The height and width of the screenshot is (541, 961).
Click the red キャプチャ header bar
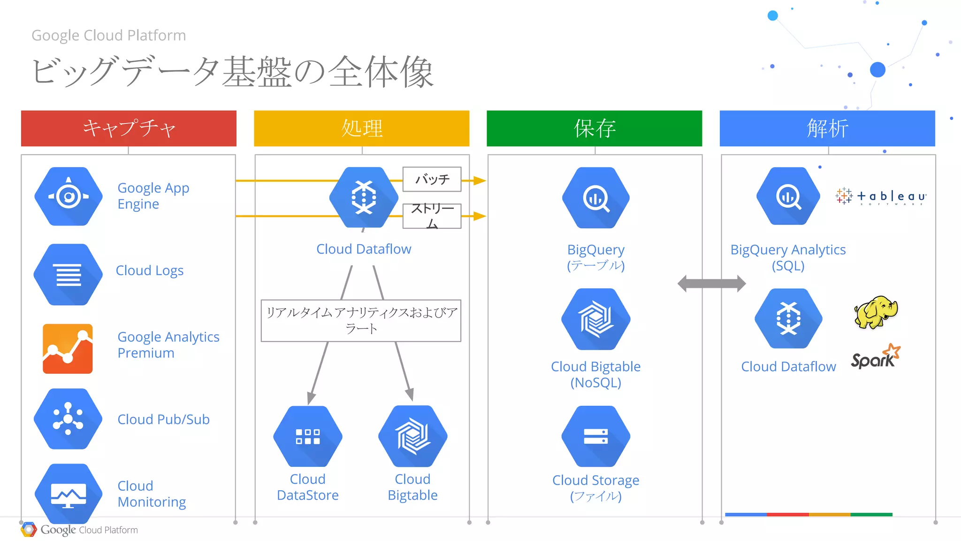[129, 128]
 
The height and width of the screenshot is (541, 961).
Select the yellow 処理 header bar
[361, 128]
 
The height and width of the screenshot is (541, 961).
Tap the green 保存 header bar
[594, 128]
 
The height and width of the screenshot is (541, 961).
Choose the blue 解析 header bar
[827, 128]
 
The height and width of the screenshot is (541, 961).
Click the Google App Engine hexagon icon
[69, 196]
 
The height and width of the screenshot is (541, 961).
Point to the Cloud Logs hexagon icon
[69, 274]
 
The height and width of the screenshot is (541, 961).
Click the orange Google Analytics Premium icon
[68, 348]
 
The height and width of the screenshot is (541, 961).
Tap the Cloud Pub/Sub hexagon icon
[69, 418]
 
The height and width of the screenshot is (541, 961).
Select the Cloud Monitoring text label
[152, 494]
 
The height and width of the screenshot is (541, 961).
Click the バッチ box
[432, 179]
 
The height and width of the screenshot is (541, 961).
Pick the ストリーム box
[432, 216]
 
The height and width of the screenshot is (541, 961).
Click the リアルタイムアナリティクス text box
[361, 320]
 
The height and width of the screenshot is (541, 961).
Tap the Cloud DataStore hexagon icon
[308, 436]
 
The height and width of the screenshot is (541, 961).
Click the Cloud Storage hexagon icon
[595, 436]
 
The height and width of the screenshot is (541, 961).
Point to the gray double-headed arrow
[711, 283]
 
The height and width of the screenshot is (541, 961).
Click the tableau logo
[881, 196]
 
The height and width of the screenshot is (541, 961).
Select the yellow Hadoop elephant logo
[876, 312]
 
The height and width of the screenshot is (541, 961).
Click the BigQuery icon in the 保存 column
[595, 198]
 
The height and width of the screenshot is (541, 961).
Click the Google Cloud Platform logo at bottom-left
[79, 530]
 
